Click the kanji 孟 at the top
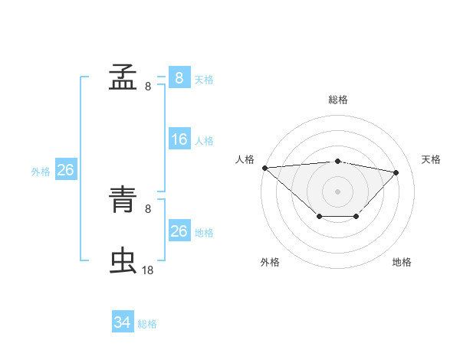(x=123, y=77)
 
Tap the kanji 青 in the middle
(x=123, y=201)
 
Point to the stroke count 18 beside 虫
(x=148, y=270)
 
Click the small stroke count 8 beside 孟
(x=148, y=87)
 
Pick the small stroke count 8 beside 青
(x=148, y=208)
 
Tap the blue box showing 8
(x=179, y=78)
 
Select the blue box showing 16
(x=179, y=139)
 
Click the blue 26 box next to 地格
(x=179, y=231)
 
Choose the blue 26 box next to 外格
(x=65, y=170)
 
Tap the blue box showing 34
(x=123, y=323)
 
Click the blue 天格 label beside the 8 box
(x=204, y=79)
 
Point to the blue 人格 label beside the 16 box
(x=204, y=141)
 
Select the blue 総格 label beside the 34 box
(x=147, y=325)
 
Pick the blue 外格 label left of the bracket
(x=41, y=172)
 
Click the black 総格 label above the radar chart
(x=338, y=100)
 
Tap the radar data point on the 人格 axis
(x=264, y=168)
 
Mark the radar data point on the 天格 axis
(x=396, y=172)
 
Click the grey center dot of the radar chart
(x=338, y=191)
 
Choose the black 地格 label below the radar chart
(x=402, y=263)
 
